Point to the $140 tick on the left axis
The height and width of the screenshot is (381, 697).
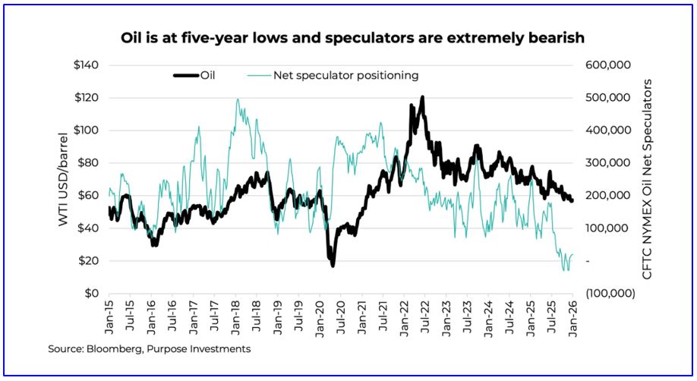pyautogui.click(x=85, y=65)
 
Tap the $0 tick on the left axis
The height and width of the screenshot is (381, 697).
pyautogui.click(x=91, y=293)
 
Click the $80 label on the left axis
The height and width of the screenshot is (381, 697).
pyautogui.click(x=88, y=162)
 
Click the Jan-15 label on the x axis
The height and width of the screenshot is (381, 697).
pyautogui.click(x=109, y=313)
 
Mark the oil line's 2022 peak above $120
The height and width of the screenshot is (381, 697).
pyautogui.click(x=421, y=97)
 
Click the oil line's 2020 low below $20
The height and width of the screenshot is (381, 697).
pyautogui.click(x=333, y=265)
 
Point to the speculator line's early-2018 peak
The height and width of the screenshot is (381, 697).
pyautogui.click(x=238, y=99)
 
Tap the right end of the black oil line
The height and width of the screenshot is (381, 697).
pyautogui.click(x=572, y=200)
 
